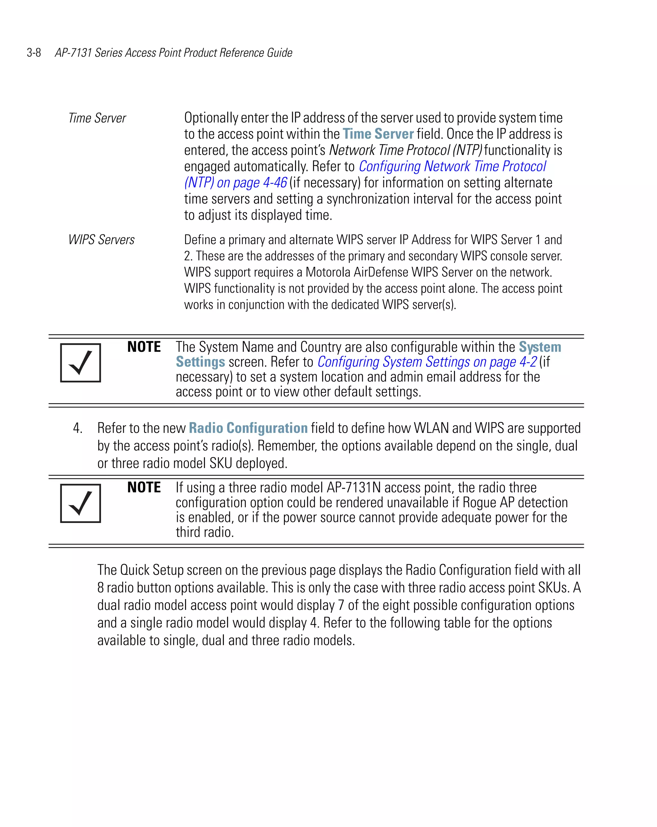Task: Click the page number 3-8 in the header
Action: coord(34,53)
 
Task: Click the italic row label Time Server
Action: coord(97,118)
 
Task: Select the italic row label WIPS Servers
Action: coord(101,240)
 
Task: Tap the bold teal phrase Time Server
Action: coord(378,134)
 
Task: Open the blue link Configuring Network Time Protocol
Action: coord(452,166)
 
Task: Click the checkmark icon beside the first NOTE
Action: coord(81,362)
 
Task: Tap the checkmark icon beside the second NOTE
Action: coord(81,503)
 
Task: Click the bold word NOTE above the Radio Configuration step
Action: coord(144,347)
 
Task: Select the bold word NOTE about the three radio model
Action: coord(144,487)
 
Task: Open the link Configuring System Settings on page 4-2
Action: coord(427,362)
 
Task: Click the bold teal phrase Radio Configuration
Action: coord(248,428)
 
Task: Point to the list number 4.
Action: coord(78,428)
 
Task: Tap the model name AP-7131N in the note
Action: coord(354,487)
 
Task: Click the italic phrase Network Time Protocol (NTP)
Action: coord(405,150)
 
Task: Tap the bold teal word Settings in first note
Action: coord(200,362)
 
